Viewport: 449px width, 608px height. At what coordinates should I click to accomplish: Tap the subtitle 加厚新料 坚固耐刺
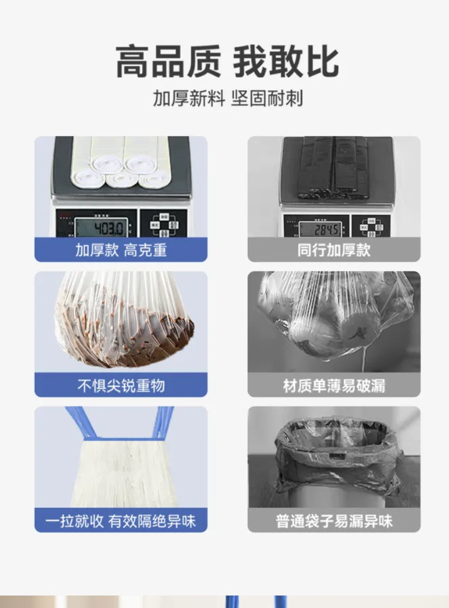[227, 98]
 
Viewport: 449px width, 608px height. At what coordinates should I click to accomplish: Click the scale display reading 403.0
[103, 229]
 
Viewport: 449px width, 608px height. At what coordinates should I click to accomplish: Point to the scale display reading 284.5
[321, 229]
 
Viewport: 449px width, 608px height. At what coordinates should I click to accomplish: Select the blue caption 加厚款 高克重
[120, 250]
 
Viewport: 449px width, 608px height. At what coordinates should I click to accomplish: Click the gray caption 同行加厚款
[334, 250]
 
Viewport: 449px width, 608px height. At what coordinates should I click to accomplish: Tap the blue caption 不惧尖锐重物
[120, 385]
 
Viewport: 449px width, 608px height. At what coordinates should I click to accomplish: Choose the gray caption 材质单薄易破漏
[334, 385]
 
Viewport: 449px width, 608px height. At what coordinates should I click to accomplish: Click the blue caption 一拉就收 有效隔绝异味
[120, 521]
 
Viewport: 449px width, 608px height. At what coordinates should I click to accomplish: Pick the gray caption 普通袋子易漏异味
[334, 521]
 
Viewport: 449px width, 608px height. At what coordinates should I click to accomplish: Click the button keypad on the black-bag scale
[372, 225]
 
